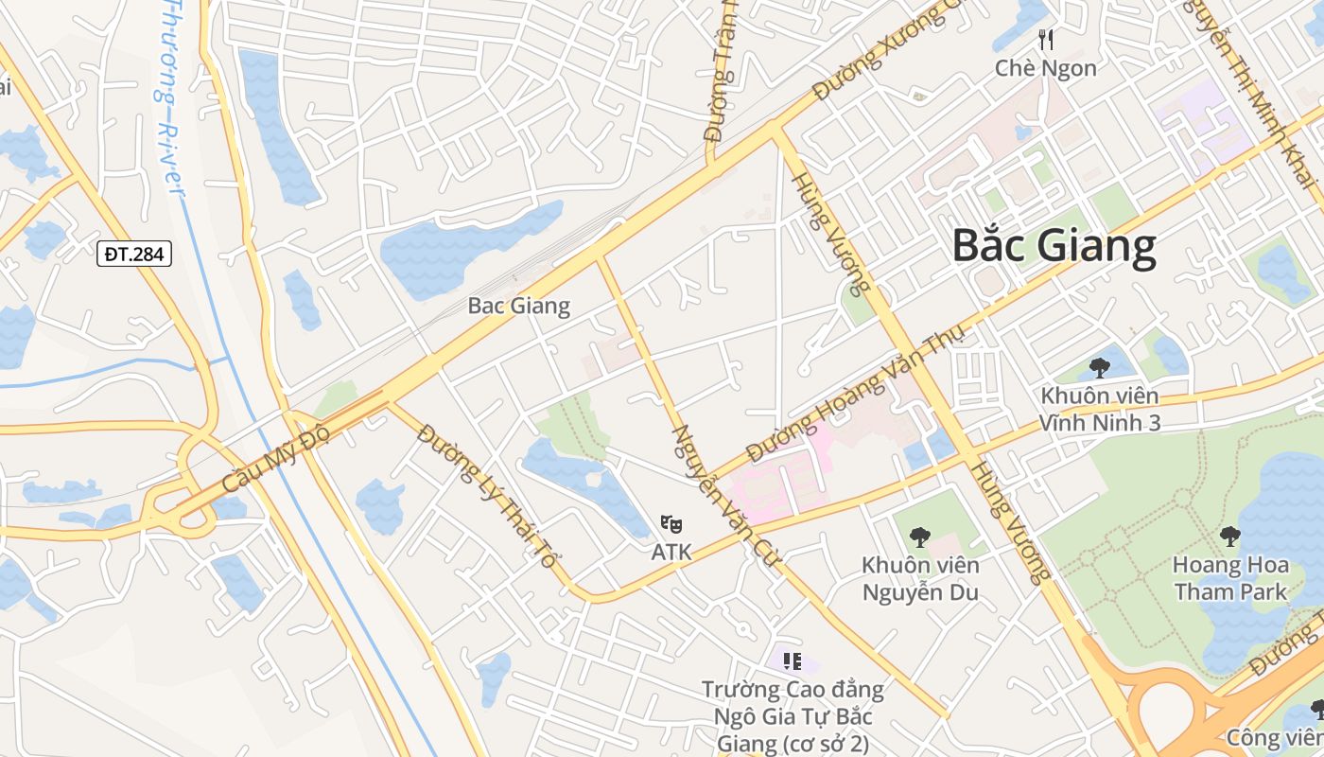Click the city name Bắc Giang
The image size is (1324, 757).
coord(1054,245)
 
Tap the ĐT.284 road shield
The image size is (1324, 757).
coord(133,253)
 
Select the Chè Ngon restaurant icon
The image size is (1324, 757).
coord(1046,39)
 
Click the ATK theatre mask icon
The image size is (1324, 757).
coord(671,523)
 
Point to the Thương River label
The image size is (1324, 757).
coord(169,95)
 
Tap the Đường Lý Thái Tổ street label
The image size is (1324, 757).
coord(486,498)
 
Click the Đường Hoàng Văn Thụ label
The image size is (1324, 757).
coord(855,391)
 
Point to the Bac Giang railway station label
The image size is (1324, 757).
coord(519,306)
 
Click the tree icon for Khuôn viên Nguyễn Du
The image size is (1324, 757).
coord(919,537)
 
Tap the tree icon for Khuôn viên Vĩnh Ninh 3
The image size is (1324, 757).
coord(1099,367)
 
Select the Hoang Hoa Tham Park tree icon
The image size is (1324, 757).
coord(1229,537)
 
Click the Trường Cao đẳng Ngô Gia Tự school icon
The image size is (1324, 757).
coord(793,661)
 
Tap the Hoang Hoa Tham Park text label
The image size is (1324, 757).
coord(1230,579)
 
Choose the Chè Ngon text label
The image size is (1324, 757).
coord(1046,68)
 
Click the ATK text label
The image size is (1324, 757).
coord(671,552)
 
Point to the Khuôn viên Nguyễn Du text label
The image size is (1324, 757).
coord(919,579)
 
